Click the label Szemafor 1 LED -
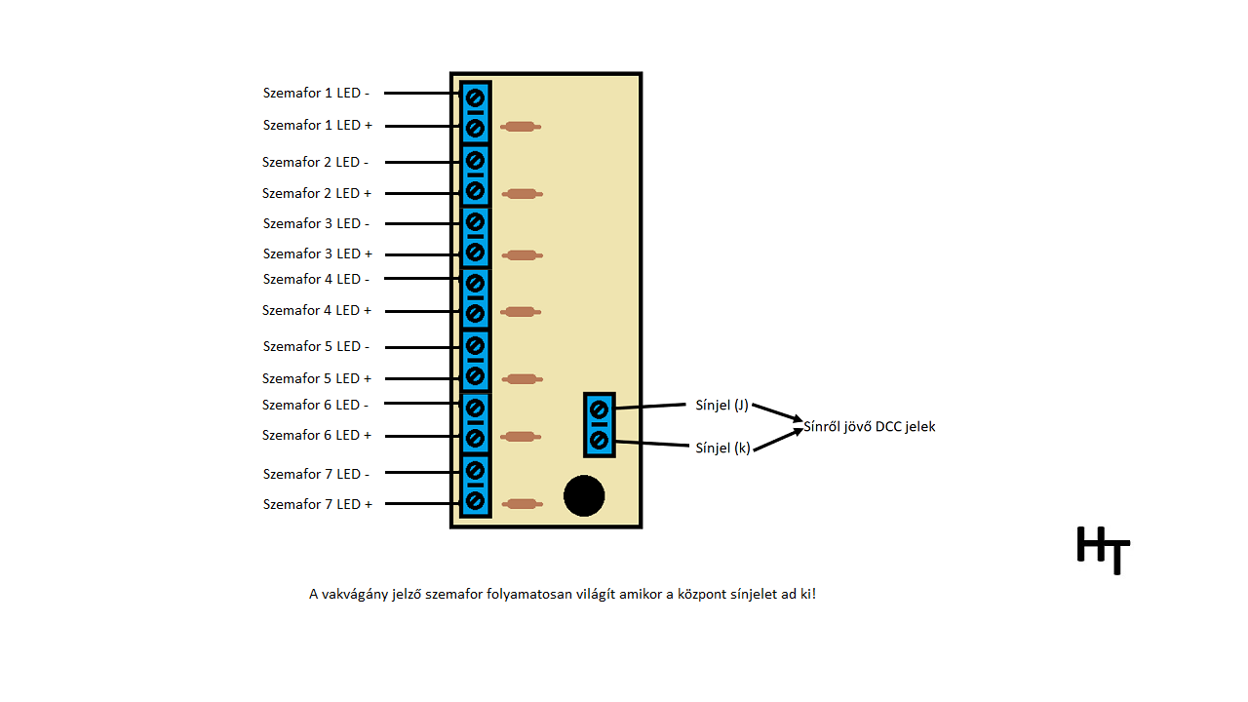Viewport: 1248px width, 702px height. click(316, 94)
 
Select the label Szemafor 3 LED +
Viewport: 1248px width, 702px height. click(317, 253)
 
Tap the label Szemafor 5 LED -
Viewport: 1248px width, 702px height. click(316, 346)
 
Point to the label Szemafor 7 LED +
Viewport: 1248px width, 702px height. click(317, 504)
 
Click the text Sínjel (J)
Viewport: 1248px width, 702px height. click(721, 406)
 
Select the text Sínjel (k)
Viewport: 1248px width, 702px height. click(722, 448)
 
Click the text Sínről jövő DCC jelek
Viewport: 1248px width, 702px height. click(869, 426)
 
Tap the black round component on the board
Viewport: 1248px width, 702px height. click(584, 495)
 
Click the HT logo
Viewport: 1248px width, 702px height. click(1103, 550)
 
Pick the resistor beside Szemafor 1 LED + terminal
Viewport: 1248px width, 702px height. click(520, 127)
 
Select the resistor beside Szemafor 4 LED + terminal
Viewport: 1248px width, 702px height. click(520, 312)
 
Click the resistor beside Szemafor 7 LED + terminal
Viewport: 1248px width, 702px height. click(522, 504)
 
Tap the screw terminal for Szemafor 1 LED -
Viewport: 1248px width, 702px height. click(475, 98)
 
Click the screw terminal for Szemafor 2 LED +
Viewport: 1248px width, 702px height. click(475, 190)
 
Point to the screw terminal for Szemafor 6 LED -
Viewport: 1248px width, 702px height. click(475, 408)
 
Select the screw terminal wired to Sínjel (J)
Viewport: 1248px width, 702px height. click(599, 409)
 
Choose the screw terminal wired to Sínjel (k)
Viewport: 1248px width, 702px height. click(599, 441)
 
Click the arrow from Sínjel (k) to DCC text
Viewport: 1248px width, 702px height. click(777, 440)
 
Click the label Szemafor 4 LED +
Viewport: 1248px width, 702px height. click(316, 310)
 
